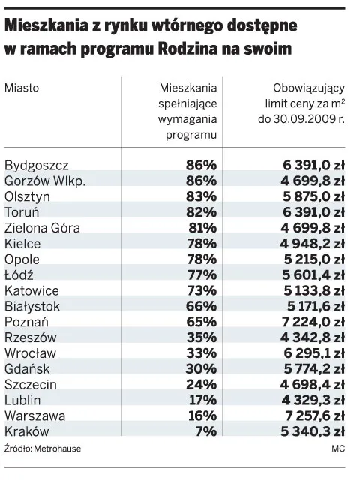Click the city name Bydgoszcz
37,165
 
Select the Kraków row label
27,431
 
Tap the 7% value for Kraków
205,431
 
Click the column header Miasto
22,88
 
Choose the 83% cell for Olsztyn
201,196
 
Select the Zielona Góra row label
42,228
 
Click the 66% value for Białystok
201,306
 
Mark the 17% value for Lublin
202,400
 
